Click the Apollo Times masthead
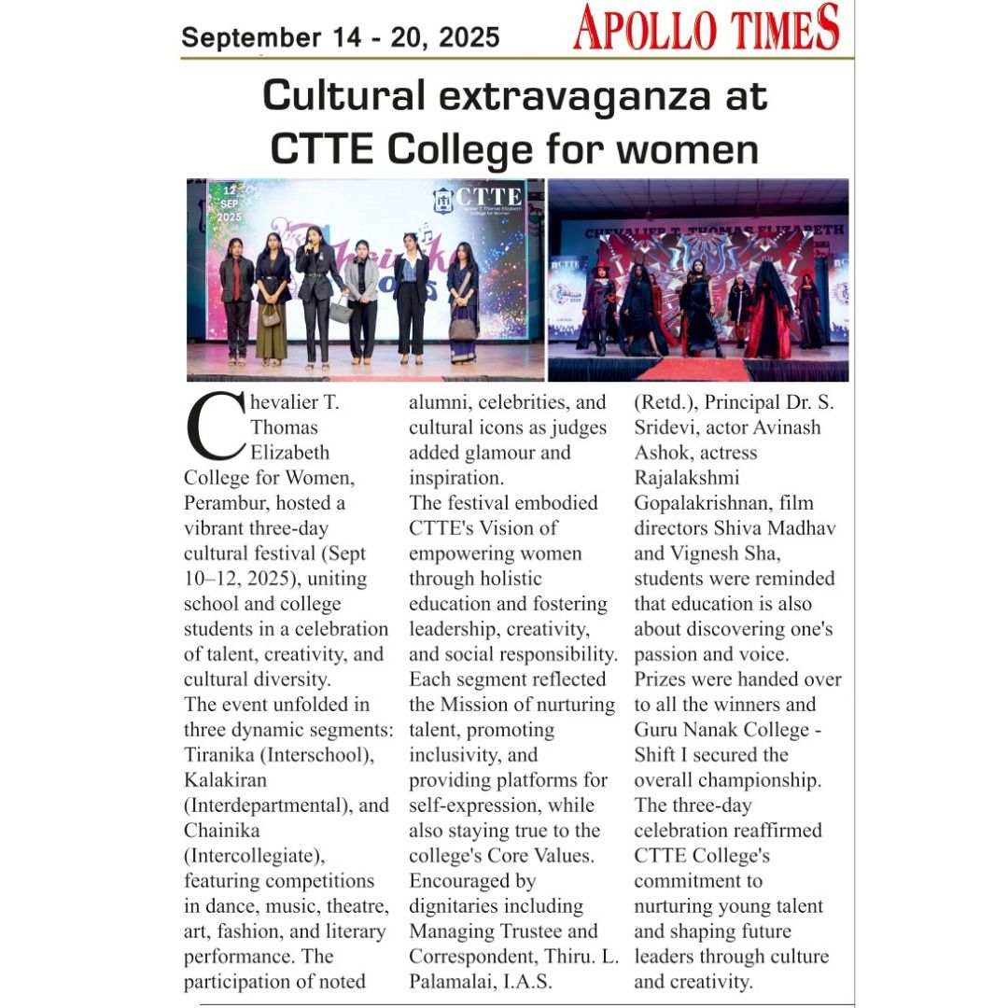(x=707, y=27)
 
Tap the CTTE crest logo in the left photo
(x=442, y=200)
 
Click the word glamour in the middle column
(x=507, y=453)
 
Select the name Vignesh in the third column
(x=732, y=553)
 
